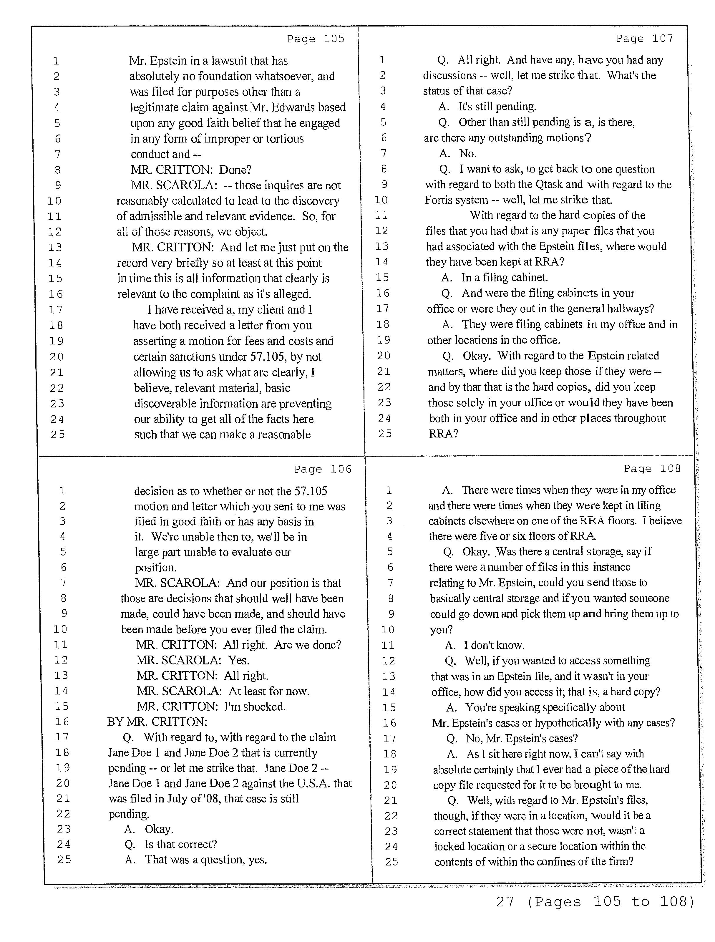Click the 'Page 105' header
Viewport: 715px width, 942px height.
(x=315, y=39)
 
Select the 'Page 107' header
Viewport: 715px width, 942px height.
(x=644, y=39)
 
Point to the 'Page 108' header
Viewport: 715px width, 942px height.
(x=652, y=469)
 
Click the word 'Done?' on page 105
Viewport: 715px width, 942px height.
(x=235, y=170)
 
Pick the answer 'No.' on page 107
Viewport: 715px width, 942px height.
(x=467, y=153)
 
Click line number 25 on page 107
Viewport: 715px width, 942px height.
(x=385, y=434)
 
